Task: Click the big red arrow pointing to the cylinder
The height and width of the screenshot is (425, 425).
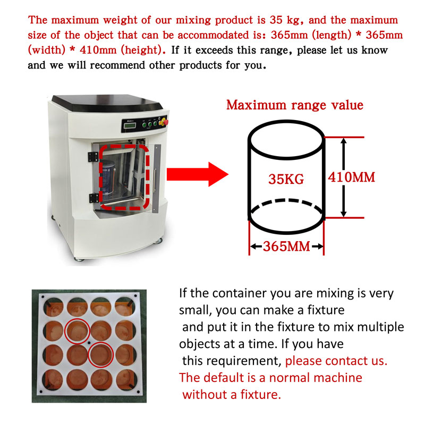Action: [197, 174]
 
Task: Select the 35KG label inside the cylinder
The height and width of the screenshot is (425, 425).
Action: [286, 180]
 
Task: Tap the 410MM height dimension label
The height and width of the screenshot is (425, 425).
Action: [352, 177]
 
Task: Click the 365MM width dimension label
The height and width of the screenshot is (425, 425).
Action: [286, 246]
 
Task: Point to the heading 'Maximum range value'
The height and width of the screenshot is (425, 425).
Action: [295, 105]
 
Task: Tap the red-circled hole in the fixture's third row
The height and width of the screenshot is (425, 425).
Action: [100, 354]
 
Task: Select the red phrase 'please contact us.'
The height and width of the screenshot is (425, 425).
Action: [336, 361]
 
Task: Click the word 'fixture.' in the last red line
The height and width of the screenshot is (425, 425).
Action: [258, 395]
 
